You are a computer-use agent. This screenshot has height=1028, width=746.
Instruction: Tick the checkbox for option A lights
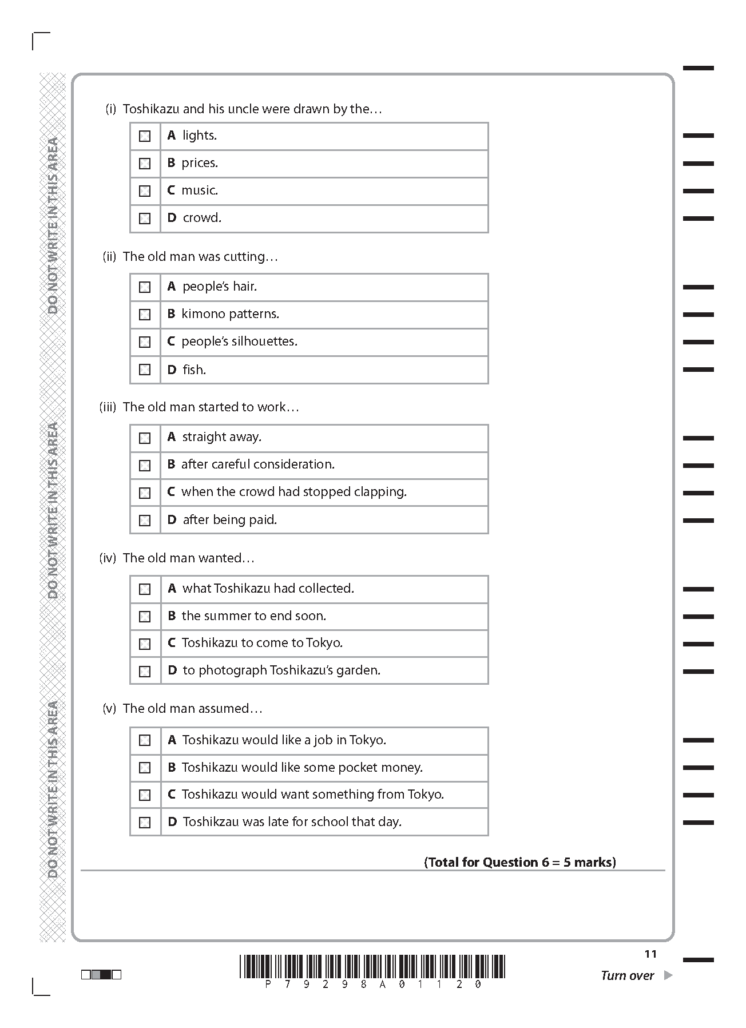point(145,136)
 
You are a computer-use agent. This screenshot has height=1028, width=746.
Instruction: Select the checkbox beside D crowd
point(145,219)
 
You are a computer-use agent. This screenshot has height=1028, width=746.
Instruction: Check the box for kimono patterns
point(145,315)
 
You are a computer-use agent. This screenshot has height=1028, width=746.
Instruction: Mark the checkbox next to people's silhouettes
point(145,342)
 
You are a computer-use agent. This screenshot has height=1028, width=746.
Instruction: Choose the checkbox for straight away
point(145,438)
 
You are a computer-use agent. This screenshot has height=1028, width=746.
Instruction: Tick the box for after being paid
point(145,521)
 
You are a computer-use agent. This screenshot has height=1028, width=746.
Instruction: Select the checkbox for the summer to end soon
point(145,617)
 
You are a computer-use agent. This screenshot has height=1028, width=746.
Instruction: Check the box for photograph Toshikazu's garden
point(145,671)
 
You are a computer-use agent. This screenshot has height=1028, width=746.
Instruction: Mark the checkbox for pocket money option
point(145,768)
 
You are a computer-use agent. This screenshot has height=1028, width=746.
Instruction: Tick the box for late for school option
point(145,823)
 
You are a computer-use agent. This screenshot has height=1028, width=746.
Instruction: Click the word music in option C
point(200,190)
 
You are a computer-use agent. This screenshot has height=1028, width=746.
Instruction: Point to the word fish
point(194,370)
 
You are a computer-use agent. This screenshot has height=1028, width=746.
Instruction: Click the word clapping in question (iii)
point(380,492)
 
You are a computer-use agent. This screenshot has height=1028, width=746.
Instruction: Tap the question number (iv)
point(108,558)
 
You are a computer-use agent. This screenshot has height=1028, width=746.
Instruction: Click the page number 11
point(650,954)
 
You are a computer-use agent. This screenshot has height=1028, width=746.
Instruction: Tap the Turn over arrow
point(668,975)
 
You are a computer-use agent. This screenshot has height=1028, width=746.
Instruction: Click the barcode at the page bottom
point(372,967)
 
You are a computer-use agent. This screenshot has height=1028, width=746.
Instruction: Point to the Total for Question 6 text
point(519,862)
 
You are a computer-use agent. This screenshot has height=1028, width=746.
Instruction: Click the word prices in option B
point(200,163)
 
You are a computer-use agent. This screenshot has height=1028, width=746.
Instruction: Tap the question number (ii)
point(109,257)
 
